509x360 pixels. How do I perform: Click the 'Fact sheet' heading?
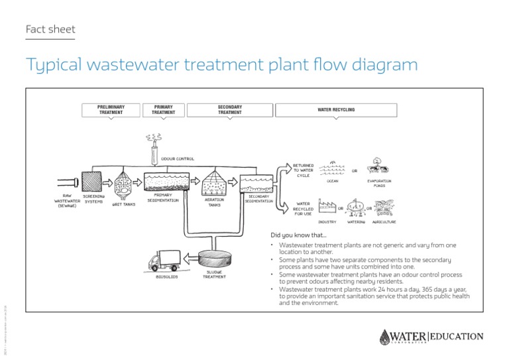coord(50,29)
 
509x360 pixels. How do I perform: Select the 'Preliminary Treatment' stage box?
coord(111,109)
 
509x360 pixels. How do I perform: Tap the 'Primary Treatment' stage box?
coord(163,109)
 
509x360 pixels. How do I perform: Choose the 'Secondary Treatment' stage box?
coord(229,109)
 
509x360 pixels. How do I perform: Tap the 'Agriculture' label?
coord(384,222)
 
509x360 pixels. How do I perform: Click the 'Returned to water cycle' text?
coord(303,170)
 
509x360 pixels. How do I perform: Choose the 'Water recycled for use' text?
coord(303,209)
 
